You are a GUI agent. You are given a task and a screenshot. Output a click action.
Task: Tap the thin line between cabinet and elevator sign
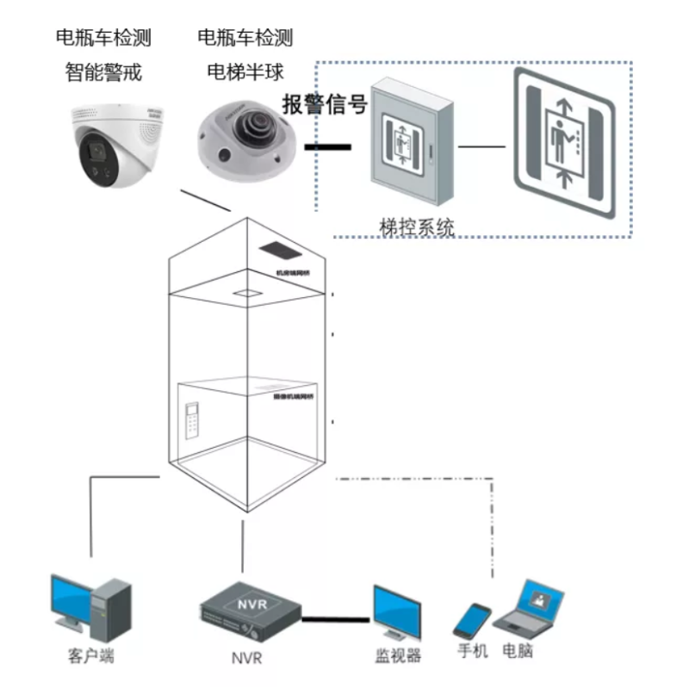(x=481, y=146)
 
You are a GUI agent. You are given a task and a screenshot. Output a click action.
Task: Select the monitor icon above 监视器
(x=397, y=612)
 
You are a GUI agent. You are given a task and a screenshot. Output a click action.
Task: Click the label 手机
(x=473, y=650)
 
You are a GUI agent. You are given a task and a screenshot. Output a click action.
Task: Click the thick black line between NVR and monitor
(x=337, y=618)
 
